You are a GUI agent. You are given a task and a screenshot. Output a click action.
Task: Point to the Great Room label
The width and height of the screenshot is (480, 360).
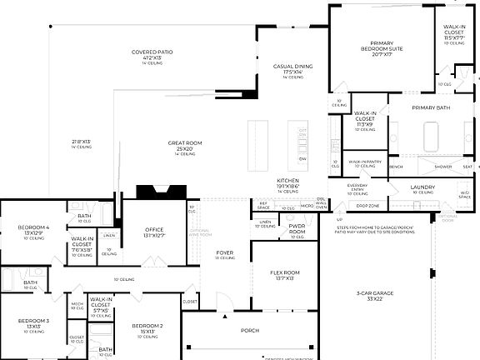click(x=185, y=143)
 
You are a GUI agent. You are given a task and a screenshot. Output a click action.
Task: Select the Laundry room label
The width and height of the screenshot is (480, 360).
click(x=422, y=187)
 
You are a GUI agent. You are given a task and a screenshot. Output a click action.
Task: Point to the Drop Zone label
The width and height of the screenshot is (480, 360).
click(x=368, y=205)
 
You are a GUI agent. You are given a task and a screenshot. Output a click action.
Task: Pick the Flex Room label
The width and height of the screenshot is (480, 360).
click(x=285, y=272)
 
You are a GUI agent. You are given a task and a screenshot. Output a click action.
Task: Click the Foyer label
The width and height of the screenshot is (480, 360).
click(x=225, y=252)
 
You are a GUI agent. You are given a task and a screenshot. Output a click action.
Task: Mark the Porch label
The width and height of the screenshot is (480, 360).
click(x=250, y=330)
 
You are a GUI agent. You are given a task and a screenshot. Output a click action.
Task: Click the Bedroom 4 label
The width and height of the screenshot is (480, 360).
click(x=35, y=227)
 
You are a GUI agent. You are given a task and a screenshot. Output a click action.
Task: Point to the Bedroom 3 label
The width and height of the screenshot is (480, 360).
click(x=35, y=321)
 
